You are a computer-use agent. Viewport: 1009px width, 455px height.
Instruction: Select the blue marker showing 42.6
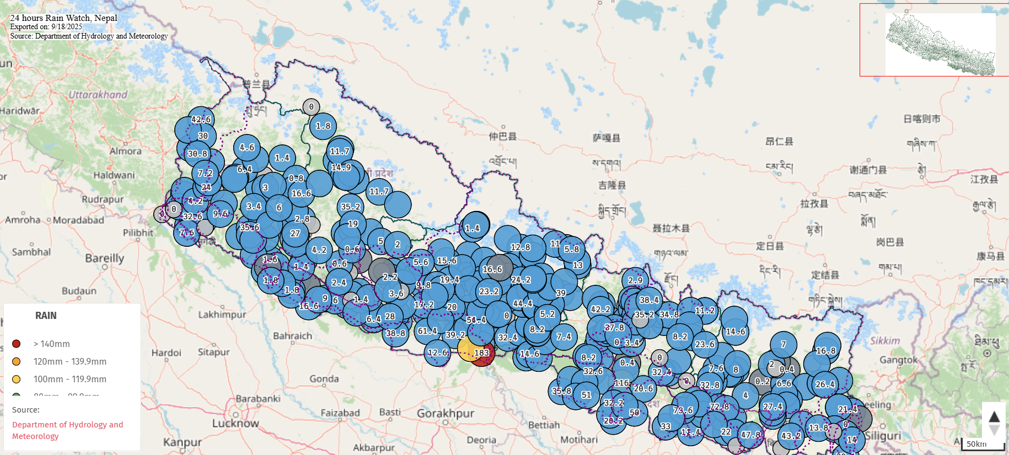click(201, 120)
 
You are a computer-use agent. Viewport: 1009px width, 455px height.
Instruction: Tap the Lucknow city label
click(235, 423)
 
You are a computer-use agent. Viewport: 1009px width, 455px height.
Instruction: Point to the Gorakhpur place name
click(446, 413)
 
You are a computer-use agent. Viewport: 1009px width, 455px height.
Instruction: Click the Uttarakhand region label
click(98, 95)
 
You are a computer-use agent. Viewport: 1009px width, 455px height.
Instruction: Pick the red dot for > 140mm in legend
click(17, 344)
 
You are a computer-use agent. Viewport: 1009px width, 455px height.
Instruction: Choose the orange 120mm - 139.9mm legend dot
click(17, 361)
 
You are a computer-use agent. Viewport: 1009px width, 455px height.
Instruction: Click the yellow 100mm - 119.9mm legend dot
click(17, 379)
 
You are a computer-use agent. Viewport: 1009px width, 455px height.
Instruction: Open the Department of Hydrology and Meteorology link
click(67, 430)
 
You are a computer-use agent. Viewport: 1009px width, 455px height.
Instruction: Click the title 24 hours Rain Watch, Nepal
click(63, 18)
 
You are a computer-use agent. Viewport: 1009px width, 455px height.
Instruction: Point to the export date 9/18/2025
click(66, 26)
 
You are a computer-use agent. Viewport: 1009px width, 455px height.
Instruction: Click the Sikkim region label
click(885, 341)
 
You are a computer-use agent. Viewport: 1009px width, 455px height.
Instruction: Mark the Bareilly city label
click(104, 258)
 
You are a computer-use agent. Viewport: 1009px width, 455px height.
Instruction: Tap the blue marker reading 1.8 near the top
click(323, 126)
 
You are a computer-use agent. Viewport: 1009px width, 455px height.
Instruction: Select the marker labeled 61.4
click(427, 331)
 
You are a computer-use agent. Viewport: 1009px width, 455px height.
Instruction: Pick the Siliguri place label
click(882, 436)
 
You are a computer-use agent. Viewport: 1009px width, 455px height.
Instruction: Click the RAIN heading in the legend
click(46, 316)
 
